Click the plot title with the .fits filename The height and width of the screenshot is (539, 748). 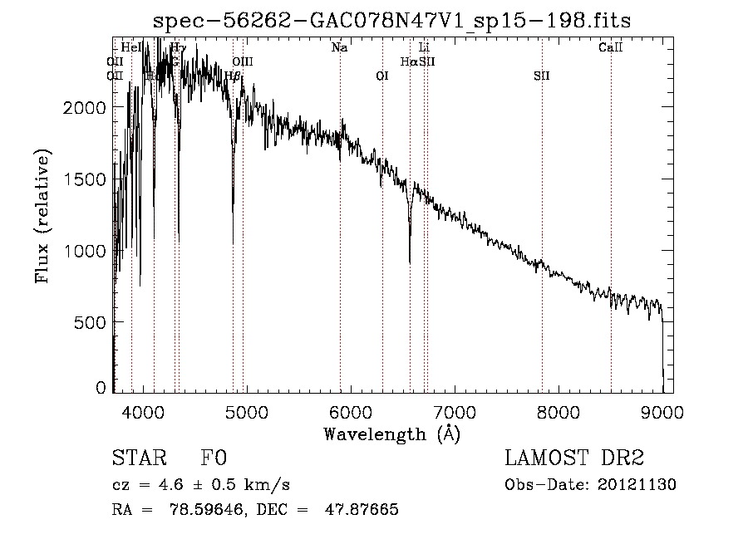point(392,21)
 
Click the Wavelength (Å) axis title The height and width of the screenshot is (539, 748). point(391,434)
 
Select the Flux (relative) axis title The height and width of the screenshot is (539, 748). point(42,215)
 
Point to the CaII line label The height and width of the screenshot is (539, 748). point(611,47)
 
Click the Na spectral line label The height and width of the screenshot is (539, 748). point(339,47)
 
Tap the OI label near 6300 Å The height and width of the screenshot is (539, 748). point(382,76)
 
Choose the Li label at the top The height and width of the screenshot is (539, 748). point(424,47)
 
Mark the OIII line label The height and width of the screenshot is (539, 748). point(243,61)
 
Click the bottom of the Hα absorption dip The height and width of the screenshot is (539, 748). point(410,262)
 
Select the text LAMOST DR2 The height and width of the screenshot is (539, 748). point(574,458)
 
